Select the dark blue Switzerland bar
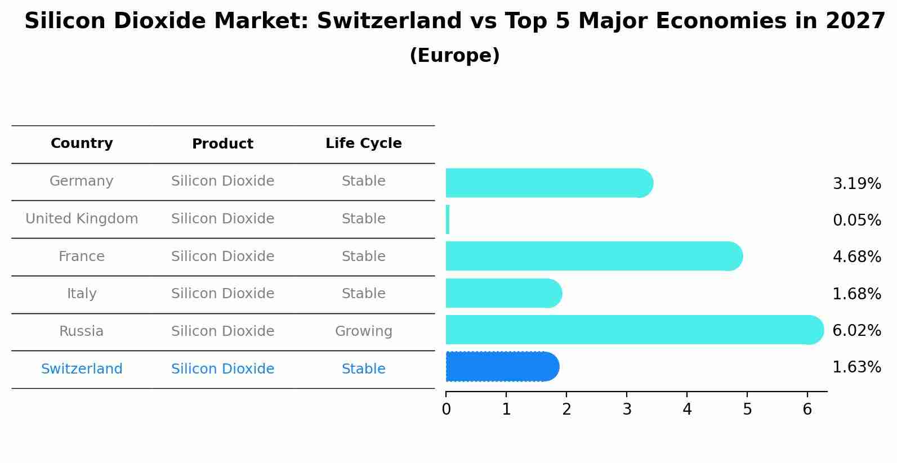[502, 367]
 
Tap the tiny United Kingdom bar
[448, 219]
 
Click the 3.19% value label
[856, 184]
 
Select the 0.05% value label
[856, 221]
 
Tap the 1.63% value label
[856, 367]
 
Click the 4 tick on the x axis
[687, 410]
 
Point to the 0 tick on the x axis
[446, 410]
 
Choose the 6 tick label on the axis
[807, 410]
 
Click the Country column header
[82, 143]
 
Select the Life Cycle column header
[363, 143]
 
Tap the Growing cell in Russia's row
[363, 331]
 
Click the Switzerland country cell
[82, 369]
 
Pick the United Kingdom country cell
[82, 219]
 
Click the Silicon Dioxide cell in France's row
[222, 257]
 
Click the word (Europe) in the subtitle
[454, 56]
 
